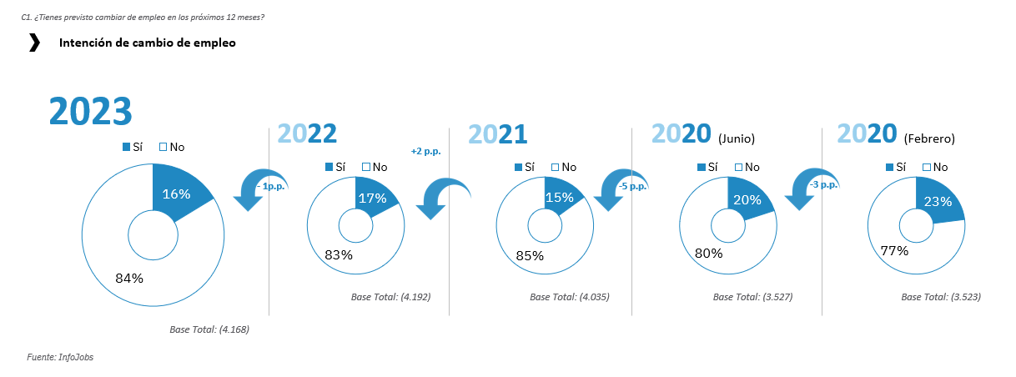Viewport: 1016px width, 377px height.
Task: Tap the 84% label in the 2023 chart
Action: (x=129, y=278)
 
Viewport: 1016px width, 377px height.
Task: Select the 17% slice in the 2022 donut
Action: (x=372, y=199)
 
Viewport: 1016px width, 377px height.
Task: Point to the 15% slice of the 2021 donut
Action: (x=559, y=198)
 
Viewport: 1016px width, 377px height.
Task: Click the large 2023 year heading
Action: (x=91, y=112)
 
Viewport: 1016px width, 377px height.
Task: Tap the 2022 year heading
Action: (x=306, y=135)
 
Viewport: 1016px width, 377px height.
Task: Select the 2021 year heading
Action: (x=497, y=135)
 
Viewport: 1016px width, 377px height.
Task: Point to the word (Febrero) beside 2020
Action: (x=929, y=138)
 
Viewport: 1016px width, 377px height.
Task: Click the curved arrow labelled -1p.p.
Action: (x=260, y=188)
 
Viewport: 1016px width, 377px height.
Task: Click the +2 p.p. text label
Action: (x=425, y=151)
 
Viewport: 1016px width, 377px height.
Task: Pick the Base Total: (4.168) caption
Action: (x=209, y=329)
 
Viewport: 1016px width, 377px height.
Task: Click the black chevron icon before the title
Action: (x=34, y=43)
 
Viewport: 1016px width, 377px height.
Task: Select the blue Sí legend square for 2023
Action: (x=127, y=147)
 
